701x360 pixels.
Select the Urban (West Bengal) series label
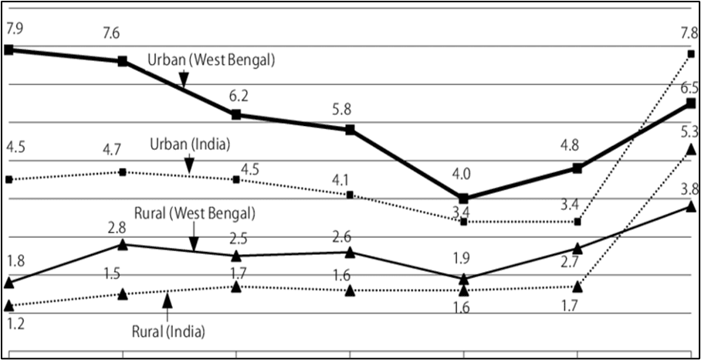[x=212, y=60]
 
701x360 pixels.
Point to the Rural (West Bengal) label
[x=195, y=212]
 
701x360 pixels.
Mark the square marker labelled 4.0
[x=463, y=199]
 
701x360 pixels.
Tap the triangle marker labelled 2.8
[x=123, y=245]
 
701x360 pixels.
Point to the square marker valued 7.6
[x=122, y=61]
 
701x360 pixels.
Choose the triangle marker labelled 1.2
[x=9, y=306]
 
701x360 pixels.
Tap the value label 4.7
[x=122, y=151]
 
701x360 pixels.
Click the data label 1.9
[x=463, y=256]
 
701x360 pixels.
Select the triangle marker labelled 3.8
[x=690, y=206]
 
